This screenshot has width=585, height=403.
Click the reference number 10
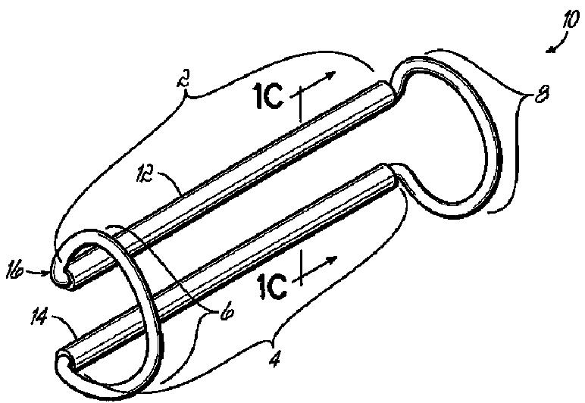pos(568,20)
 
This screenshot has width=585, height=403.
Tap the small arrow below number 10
pos(554,48)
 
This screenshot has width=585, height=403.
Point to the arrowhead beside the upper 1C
pos(332,73)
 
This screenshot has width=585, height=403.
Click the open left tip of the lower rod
pos(66,355)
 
